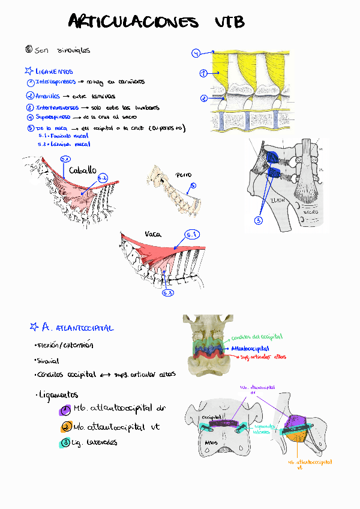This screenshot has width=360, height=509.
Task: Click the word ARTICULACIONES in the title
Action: pyautogui.click(x=133, y=23)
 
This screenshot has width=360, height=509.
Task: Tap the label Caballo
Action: pyautogui.click(x=83, y=171)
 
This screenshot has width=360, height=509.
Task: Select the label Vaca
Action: pyautogui.click(x=152, y=234)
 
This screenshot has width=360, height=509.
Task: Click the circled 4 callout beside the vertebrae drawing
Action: pyautogui.click(x=196, y=53)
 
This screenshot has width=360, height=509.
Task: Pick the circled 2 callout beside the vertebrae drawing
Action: pyautogui.click(x=204, y=98)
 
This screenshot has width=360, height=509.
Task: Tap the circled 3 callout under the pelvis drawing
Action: pyautogui.click(x=259, y=220)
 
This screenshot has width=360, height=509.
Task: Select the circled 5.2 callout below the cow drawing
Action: pyautogui.click(x=168, y=292)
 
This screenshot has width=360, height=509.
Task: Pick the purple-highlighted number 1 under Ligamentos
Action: pyautogui.click(x=65, y=410)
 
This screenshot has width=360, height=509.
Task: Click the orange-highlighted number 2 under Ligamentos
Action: pyautogui.click(x=65, y=427)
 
